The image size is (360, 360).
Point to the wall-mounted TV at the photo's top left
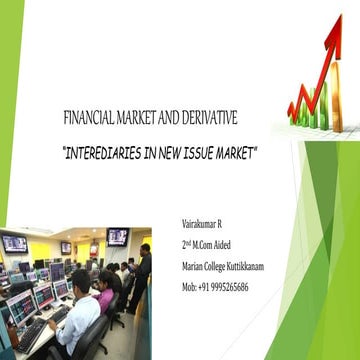coord(15,243)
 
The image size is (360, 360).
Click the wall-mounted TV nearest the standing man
coord(117,237)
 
